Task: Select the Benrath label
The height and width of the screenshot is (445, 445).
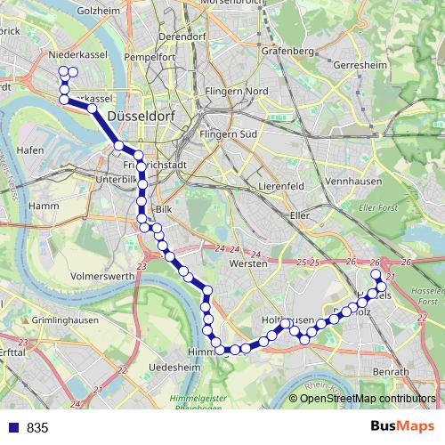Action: pyautogui.click(x=391, y=370)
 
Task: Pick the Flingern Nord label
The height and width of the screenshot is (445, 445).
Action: pyautogui.click(x=235, y=92)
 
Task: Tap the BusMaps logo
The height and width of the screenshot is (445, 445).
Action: pyautogui.click(x=402, y=427)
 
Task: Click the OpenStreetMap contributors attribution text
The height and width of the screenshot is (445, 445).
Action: pyautogui.click(x=368, y=399)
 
